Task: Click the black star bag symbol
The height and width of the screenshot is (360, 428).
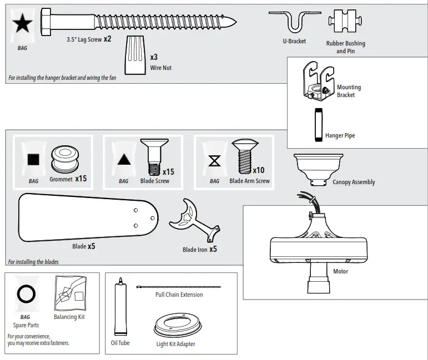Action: pos(23,24)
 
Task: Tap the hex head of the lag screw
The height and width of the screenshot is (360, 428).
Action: pos(47,22)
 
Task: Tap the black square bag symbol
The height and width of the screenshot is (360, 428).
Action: pos(34,160)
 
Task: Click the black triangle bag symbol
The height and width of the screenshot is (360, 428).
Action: pos(124,160)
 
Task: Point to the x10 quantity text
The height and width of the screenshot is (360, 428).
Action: pos(259,170)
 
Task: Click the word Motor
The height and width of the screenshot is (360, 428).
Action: pos(341,271)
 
